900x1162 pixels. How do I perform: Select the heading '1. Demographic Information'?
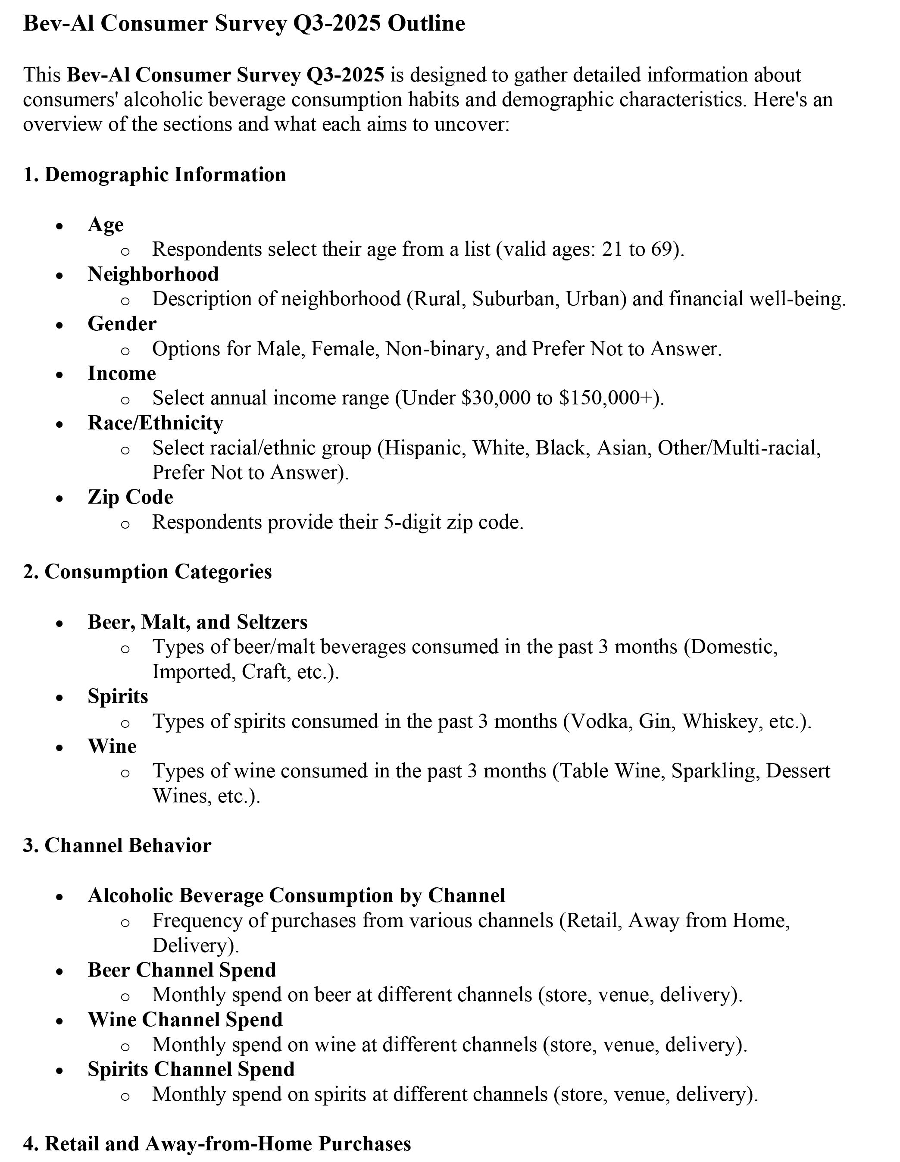pos(154,175)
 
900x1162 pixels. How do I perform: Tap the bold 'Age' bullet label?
pos(105,224)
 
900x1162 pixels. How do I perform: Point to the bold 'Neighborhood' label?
pos(153,274)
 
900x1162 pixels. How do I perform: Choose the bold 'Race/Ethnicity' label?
pos(155,423)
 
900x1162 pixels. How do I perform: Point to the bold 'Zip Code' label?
pos(130,497)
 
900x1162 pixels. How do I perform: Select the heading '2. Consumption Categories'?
pos(147,571)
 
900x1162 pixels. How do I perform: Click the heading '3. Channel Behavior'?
pos(117,845)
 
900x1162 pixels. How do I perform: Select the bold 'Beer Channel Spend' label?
pos(182,969)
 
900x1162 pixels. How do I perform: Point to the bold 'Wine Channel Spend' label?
pos(185,1019)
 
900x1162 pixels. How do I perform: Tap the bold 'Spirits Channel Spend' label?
pos(191,1069)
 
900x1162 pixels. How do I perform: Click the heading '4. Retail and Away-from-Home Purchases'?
pos(217,1143)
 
